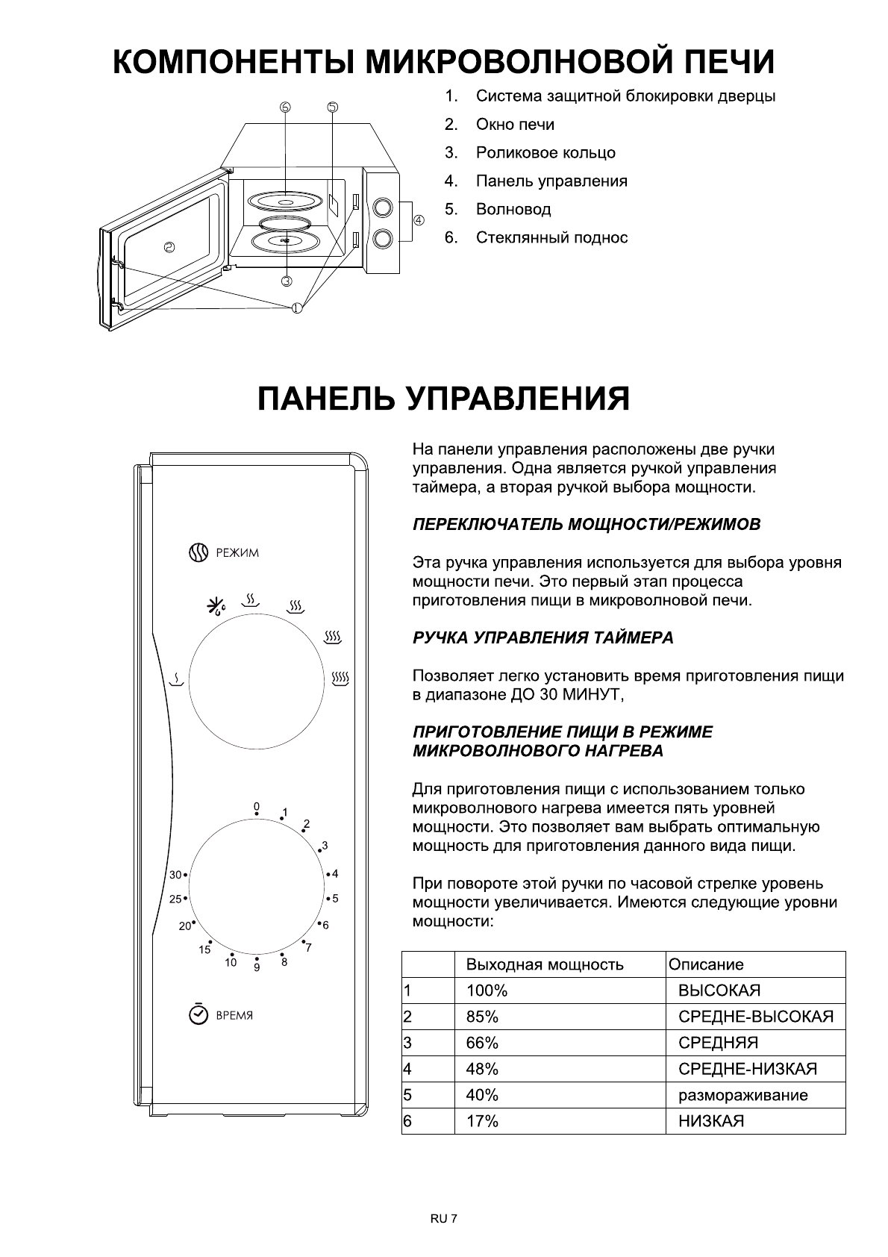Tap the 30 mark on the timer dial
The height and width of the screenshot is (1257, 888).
(175, 875)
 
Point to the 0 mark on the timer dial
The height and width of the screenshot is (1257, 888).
(256, 807)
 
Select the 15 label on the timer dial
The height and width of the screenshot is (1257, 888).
(204, 950)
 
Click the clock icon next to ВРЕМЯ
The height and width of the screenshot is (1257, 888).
(198, 1014)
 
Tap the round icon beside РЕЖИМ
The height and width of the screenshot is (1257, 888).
(197, 552)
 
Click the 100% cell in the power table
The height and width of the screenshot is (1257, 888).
(487, 991)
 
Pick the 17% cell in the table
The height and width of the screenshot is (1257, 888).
(482, 1121)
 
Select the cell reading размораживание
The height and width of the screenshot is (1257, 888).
(742, 1095)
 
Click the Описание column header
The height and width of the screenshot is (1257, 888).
(706, 964)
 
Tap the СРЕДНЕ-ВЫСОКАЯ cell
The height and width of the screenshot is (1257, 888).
(755, 1017)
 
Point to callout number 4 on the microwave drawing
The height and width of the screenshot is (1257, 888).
(419, 220)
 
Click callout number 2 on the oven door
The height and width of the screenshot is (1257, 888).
(169, 248)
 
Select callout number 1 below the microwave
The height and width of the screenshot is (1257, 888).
(297, 307)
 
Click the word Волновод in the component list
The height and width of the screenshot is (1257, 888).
(513, 210)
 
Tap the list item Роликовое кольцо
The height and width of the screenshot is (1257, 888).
(545, 153)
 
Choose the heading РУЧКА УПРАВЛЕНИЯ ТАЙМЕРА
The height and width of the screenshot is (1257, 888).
(543, 638)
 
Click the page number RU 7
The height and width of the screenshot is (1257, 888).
(443, 1218)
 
